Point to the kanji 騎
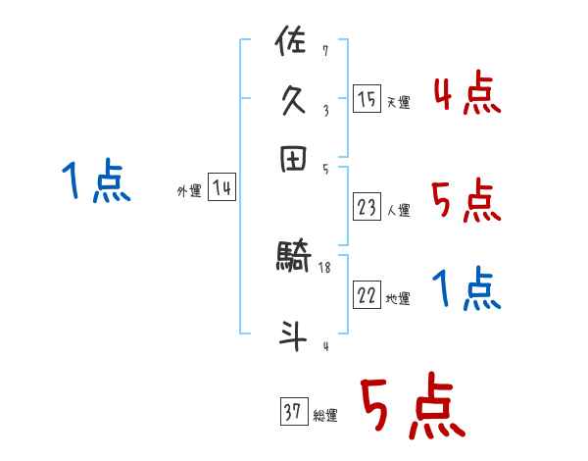pyautogui.click(x=293, y=260)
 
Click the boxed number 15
pyautogui.click(x=367, y=98)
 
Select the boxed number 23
pyautogui.click(x=367, y=206)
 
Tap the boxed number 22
pyautogui.click(x=367, y=295)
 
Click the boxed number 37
pyautogui.click(x=292, y=412)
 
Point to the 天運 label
pyautogui.click(x=398, y=102)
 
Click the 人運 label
pyautogui.click(x=398, y=210)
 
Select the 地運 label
pyautogui.click(x=398, y=299)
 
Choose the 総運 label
pyautogui.click(x=324, y=416)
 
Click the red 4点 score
pyautogui.click(x=466, y=93)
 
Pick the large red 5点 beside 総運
pyautogui.click(x=411, y=408)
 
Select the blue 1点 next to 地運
pyautogui.click(x=466, y=289)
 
